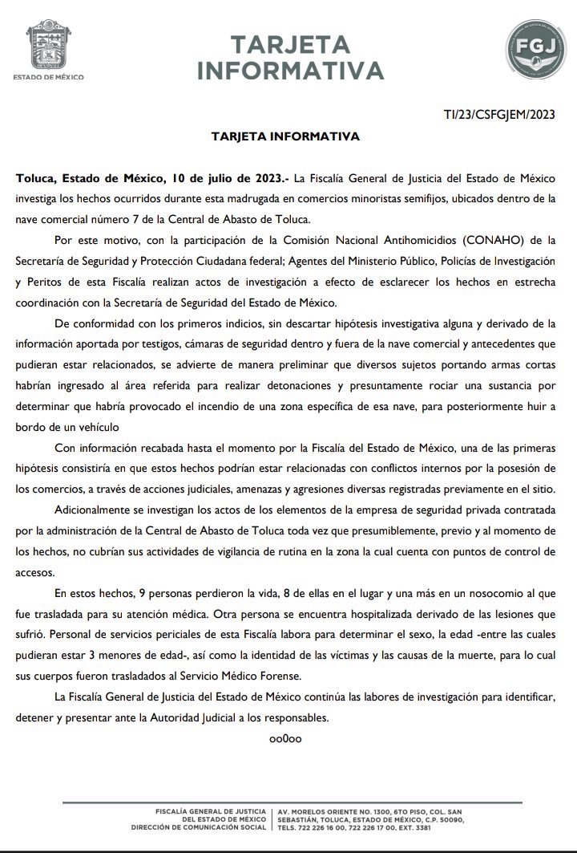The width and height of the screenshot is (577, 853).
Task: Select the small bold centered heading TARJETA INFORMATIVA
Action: [285, 136]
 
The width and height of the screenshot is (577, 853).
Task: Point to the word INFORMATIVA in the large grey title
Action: [291, 71]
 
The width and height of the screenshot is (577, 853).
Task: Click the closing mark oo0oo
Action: [285, 737]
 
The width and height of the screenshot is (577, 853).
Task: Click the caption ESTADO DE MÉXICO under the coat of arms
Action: [49, 77]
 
